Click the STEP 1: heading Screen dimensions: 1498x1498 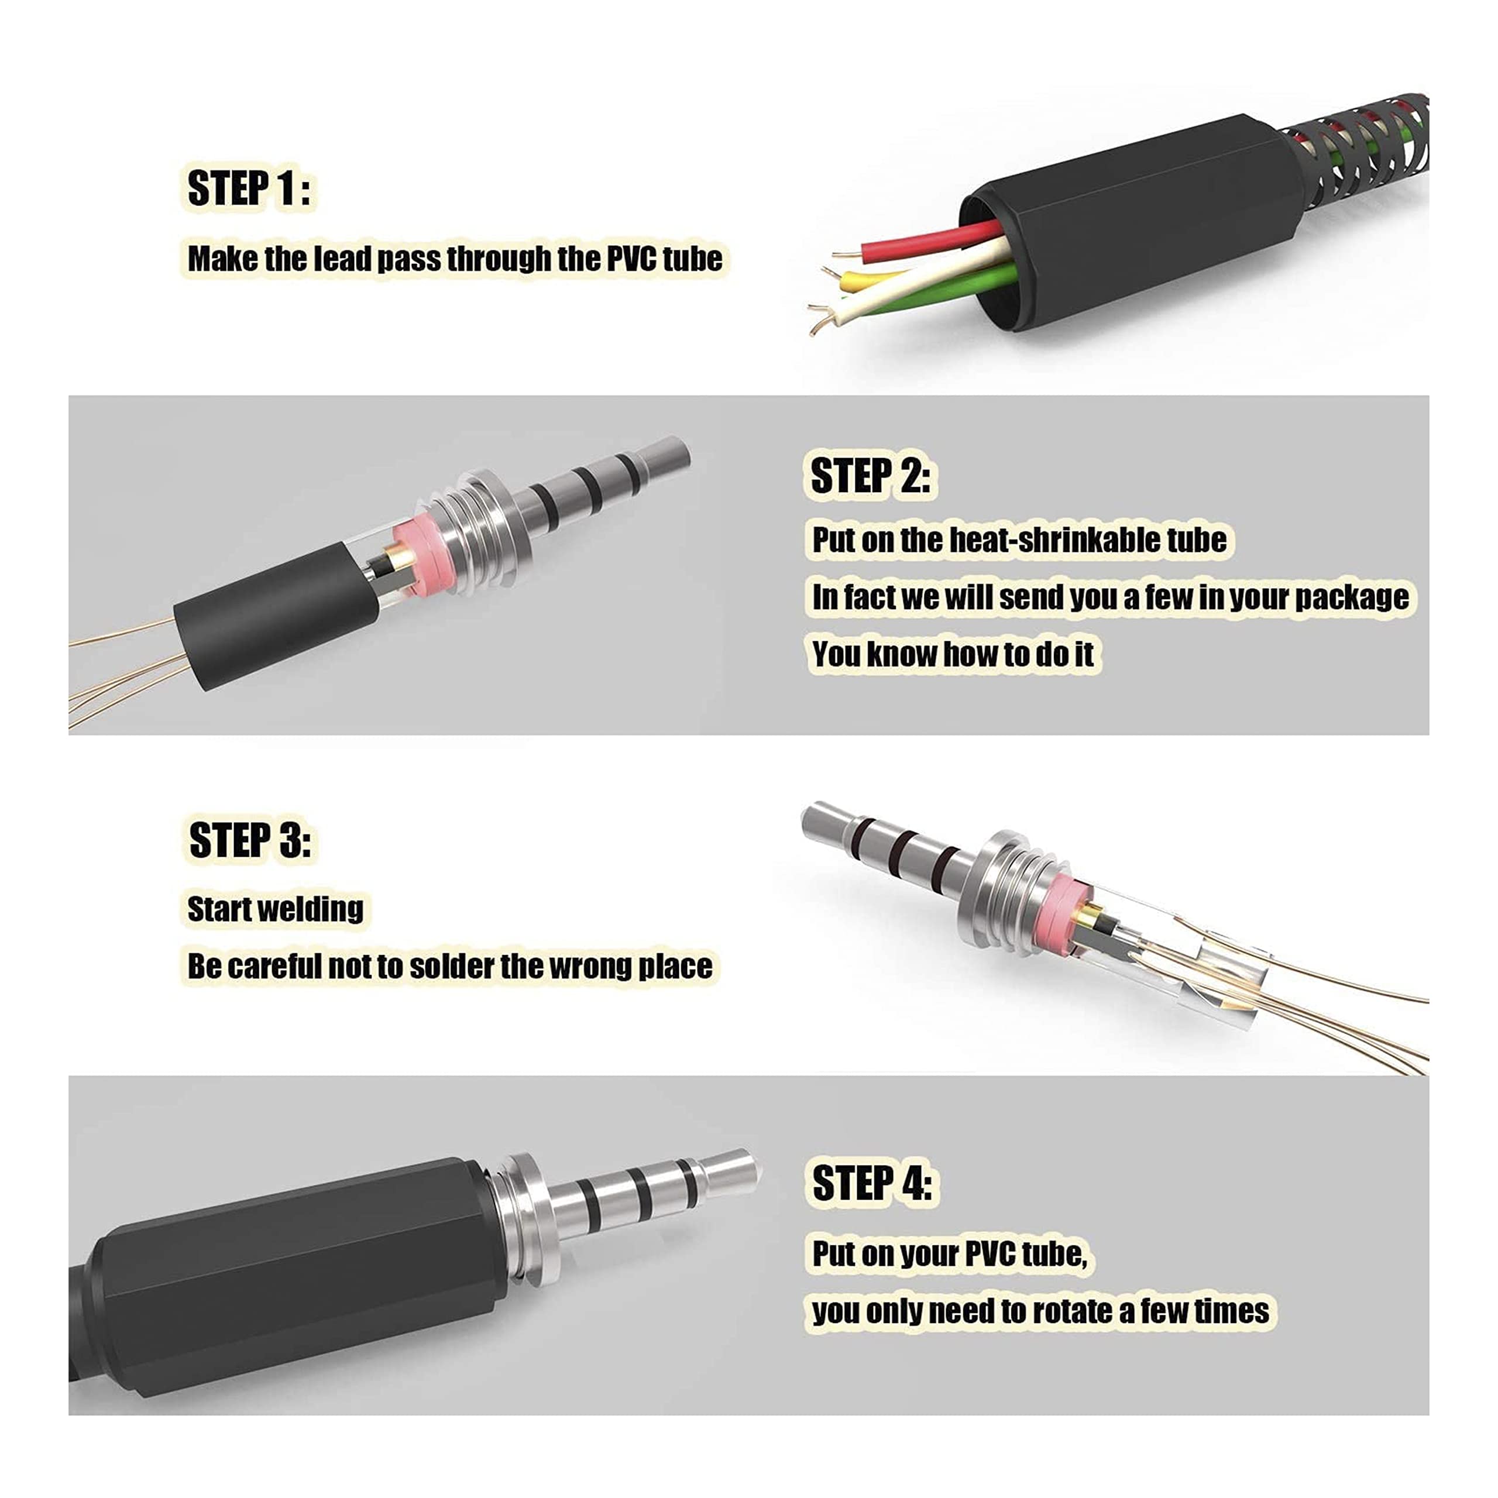248,188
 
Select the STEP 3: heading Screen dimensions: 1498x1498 250,840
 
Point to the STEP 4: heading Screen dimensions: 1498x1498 871,1183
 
